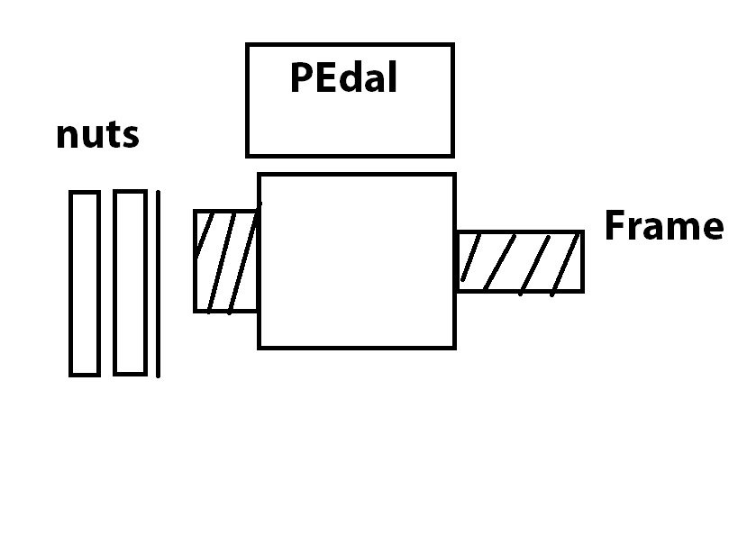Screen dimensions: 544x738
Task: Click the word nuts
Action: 97,135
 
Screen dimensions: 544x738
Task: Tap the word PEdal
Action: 343,78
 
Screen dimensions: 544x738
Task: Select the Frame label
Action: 663,225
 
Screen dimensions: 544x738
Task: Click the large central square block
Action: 357,261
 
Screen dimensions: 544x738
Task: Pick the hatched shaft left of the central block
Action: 226,261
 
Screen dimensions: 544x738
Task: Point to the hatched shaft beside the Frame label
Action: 519,261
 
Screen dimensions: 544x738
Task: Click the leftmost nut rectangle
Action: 85,283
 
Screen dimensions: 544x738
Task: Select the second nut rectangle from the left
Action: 130,283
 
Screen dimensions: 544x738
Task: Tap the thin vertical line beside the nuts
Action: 158,283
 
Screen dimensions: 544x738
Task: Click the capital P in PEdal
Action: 301,78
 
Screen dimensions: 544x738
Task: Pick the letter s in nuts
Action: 131,137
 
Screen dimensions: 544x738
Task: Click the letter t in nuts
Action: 114,135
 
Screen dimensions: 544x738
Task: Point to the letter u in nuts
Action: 93,137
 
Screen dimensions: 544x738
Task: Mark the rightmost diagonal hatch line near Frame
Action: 565,263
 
